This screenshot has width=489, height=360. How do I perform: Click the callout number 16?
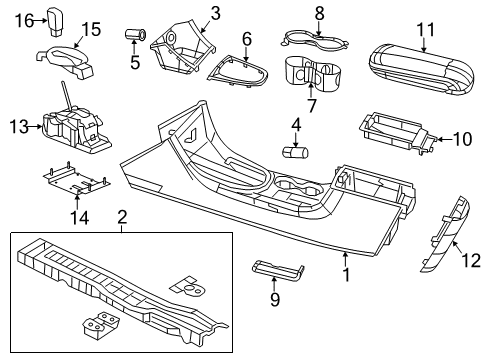(24, 18)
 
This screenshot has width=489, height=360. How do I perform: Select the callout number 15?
(92, 28)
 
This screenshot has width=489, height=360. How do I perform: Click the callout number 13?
(17, 126)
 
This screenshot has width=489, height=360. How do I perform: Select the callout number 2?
(122, 217)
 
